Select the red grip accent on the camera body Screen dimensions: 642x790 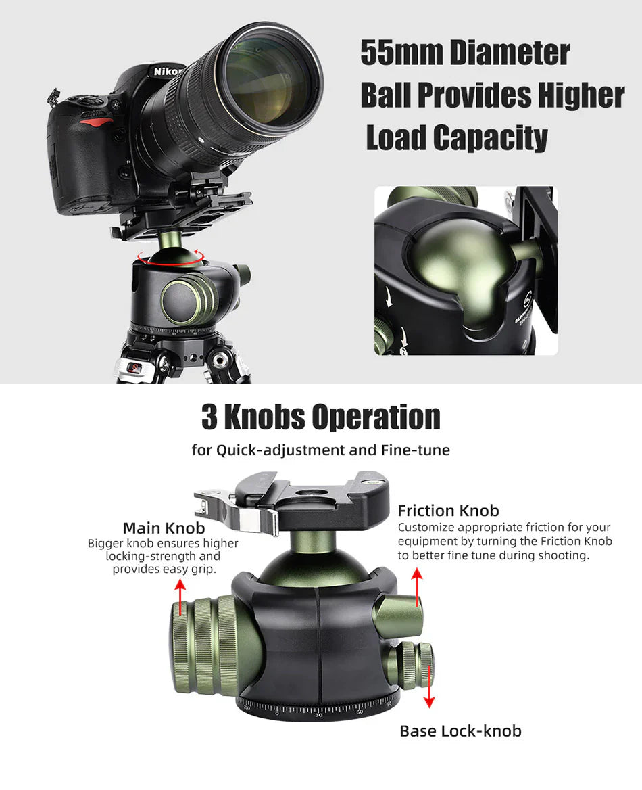[98, 122]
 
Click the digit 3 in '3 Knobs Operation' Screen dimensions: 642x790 [209, 417]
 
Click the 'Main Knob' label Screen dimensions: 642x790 [164, 528]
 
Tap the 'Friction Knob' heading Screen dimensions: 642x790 [448, 511]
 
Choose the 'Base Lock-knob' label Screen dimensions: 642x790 [460, 731]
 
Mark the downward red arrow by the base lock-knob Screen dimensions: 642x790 [429, 687]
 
